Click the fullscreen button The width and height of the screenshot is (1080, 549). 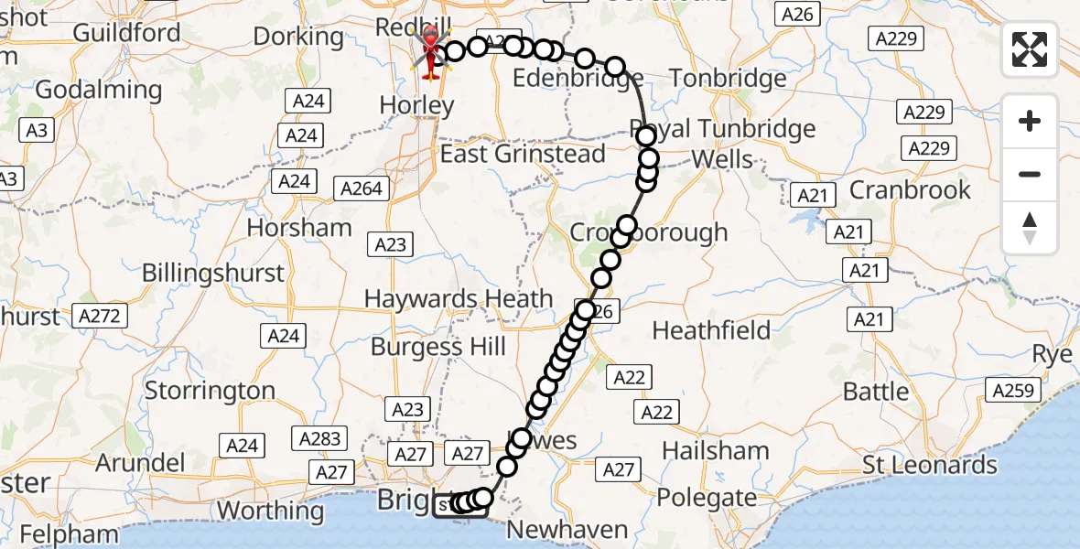point(1030,49)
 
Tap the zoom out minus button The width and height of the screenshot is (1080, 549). point(1030,174)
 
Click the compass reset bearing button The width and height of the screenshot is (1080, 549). point(1030,228)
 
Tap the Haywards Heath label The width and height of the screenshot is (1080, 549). point(459,298)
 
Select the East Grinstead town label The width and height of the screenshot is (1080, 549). point(523,153)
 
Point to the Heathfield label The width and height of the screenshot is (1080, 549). point(711,329)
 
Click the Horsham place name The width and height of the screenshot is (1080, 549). point(300,227)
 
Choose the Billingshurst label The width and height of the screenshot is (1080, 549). point(213,273)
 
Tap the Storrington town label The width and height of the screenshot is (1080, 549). point(211,391)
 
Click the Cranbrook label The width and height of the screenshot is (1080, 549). point(911,189)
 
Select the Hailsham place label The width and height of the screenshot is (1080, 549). point(716,450)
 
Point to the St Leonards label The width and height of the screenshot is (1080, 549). point(930,465)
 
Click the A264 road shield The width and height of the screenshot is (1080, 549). point(362,189)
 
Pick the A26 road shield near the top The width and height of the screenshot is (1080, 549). point(796,14)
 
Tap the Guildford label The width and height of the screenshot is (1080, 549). point(126,33)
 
